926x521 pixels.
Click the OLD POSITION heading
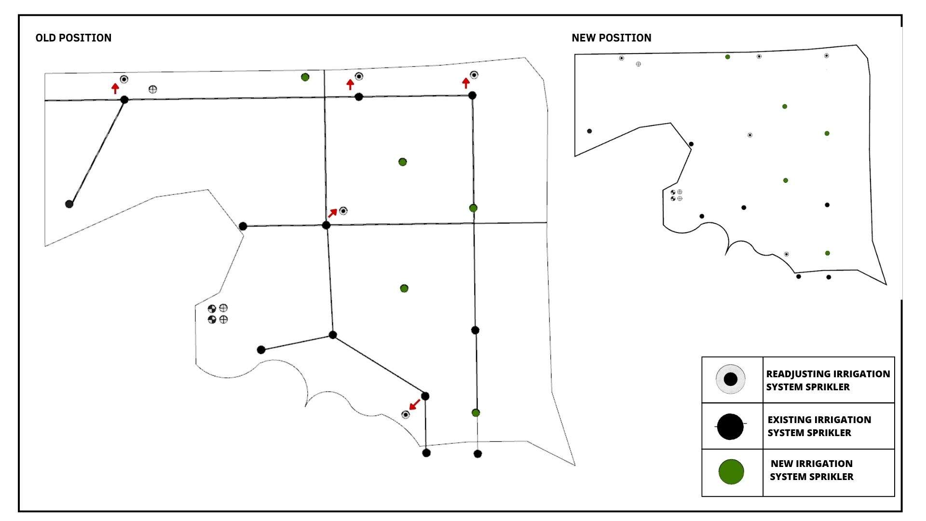(73, 38)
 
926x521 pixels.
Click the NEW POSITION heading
(611, 38)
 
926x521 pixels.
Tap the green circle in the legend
(731, 472)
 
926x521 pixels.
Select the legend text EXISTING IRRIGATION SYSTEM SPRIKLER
(819, 426)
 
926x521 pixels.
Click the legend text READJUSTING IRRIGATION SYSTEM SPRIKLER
(828, 380)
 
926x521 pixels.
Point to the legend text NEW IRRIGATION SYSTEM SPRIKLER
(812, 470)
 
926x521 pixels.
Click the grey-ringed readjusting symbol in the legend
(731, 379)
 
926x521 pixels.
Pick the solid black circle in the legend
(730, 426)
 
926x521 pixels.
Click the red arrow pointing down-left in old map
(414, 404)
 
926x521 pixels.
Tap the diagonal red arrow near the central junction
(333, 213)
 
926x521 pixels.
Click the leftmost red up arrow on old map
(115, 88)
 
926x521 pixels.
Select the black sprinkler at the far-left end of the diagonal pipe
(69, 204)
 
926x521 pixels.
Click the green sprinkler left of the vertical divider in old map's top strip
(305, 77)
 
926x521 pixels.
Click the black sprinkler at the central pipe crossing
(326, 225)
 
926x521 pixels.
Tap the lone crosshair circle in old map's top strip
(153, 89)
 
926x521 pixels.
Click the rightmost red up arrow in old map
(465, 83)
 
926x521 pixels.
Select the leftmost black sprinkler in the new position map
(589, 131)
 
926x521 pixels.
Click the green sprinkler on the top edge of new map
(727, 57)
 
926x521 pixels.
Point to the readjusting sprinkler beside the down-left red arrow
(406, 415)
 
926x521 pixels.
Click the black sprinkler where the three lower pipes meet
(333, 335)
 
